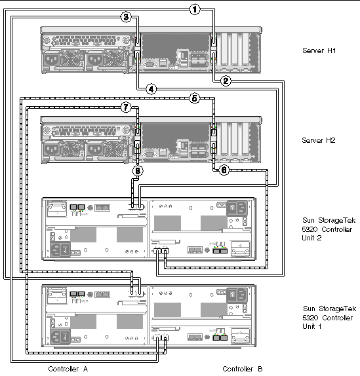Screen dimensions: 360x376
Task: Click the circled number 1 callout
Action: tap(195, 10)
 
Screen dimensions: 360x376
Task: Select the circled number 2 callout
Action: tap(226, 81)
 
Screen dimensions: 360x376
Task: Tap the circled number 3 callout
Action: tap(126, 17)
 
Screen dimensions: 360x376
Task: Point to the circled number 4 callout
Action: tap(151, 89)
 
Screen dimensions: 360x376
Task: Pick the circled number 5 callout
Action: tap(195, 98)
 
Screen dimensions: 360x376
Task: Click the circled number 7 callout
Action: tap(126, 107)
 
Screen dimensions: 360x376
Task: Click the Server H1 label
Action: tap(319, 50)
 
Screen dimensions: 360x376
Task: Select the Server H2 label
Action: tap(319, 140)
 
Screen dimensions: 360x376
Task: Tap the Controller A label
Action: tap(68, 369)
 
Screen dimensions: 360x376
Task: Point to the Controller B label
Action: tap(243, 369)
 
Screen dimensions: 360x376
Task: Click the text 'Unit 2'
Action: tap(311, 238)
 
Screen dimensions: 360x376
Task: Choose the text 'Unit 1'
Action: tap(312, 326)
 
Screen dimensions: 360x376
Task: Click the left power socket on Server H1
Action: tap(52, 60)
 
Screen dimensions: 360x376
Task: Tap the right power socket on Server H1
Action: tap(95, 60)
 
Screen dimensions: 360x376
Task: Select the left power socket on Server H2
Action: tap(52, 149)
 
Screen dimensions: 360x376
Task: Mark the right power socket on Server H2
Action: tap(95, 149)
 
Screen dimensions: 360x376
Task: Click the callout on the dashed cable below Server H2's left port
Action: tap(138, 171)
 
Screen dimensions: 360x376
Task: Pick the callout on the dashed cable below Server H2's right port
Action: tap(224, 170)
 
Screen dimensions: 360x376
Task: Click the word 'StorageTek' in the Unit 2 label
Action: tap(337, 220)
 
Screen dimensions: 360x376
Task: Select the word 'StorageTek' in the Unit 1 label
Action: tap(338, 309)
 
